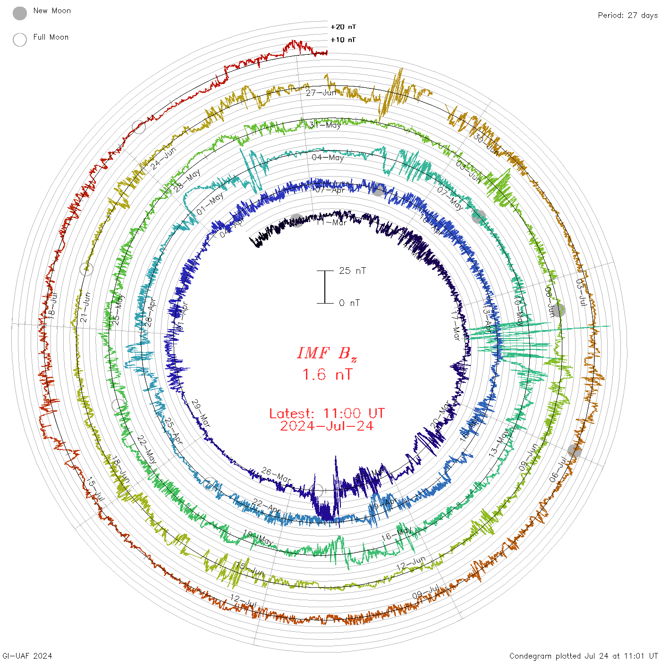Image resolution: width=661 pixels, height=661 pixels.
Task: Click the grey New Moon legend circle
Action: pos(20,13)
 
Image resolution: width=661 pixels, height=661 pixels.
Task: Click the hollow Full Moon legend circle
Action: pos(20,40)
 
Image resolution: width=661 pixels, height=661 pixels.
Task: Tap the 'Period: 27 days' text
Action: pos(627,15)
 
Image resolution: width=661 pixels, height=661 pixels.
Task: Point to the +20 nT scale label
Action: pos(343,27)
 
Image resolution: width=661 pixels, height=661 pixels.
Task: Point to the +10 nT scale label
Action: pos(343,40)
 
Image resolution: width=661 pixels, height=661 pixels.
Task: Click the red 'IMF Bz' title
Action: pos(327,353)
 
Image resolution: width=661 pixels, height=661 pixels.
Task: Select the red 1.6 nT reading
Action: pos(327,374)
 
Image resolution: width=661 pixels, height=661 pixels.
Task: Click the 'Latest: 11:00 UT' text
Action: pos(327,413)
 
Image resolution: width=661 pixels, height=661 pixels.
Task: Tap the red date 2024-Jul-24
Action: pos(327,426)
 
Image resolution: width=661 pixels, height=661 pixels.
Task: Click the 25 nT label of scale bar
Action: pos(352,271)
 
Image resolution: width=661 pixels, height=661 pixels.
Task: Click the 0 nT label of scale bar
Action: pos(349,303)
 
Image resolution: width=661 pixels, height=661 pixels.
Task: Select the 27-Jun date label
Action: pos(321,93)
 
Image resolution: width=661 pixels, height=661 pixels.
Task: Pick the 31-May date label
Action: pos(325,125)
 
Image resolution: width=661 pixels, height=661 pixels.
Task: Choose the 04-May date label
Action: pos(328,157)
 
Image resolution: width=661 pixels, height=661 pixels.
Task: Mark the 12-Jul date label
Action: pos(244,601)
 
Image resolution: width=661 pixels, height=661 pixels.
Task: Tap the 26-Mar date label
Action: pos(276,475)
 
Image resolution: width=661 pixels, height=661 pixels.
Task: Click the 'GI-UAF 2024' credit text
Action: pos(27,655)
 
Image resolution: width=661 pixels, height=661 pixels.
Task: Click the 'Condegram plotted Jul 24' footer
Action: pos(584,655)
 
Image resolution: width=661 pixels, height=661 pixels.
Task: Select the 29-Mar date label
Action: pos(201,413)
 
